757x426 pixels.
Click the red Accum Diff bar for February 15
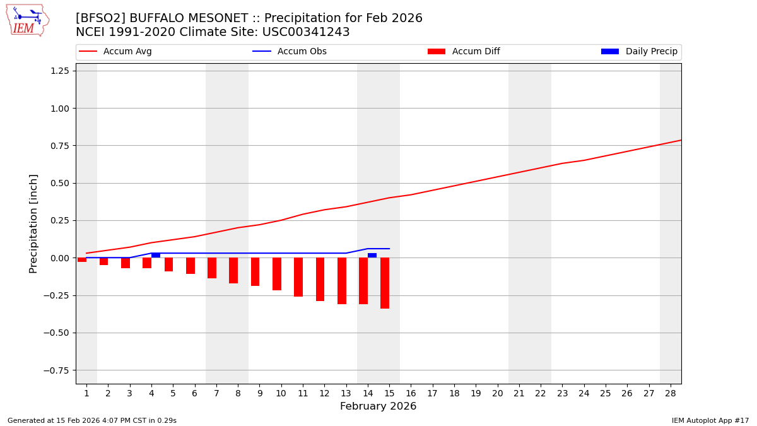click(385, 283)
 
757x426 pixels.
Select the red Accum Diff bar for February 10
click(277, 274)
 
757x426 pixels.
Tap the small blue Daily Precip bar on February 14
click(372, 255)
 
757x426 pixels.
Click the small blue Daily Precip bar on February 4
click(156, 255)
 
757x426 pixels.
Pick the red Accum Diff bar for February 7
click(212, 268)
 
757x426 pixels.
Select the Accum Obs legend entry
click(302, 52)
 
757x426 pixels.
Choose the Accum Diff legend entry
click(476, 52)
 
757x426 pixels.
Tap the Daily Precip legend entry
click(651, 52)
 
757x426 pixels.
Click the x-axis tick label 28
click(670, 393)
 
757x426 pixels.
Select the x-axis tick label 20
click(497, 393)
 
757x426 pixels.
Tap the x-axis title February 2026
click(378, 406)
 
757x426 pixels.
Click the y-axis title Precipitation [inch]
click(33, 223)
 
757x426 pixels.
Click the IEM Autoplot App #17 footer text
click(710, 420)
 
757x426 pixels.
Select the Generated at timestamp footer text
click(92, 420)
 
